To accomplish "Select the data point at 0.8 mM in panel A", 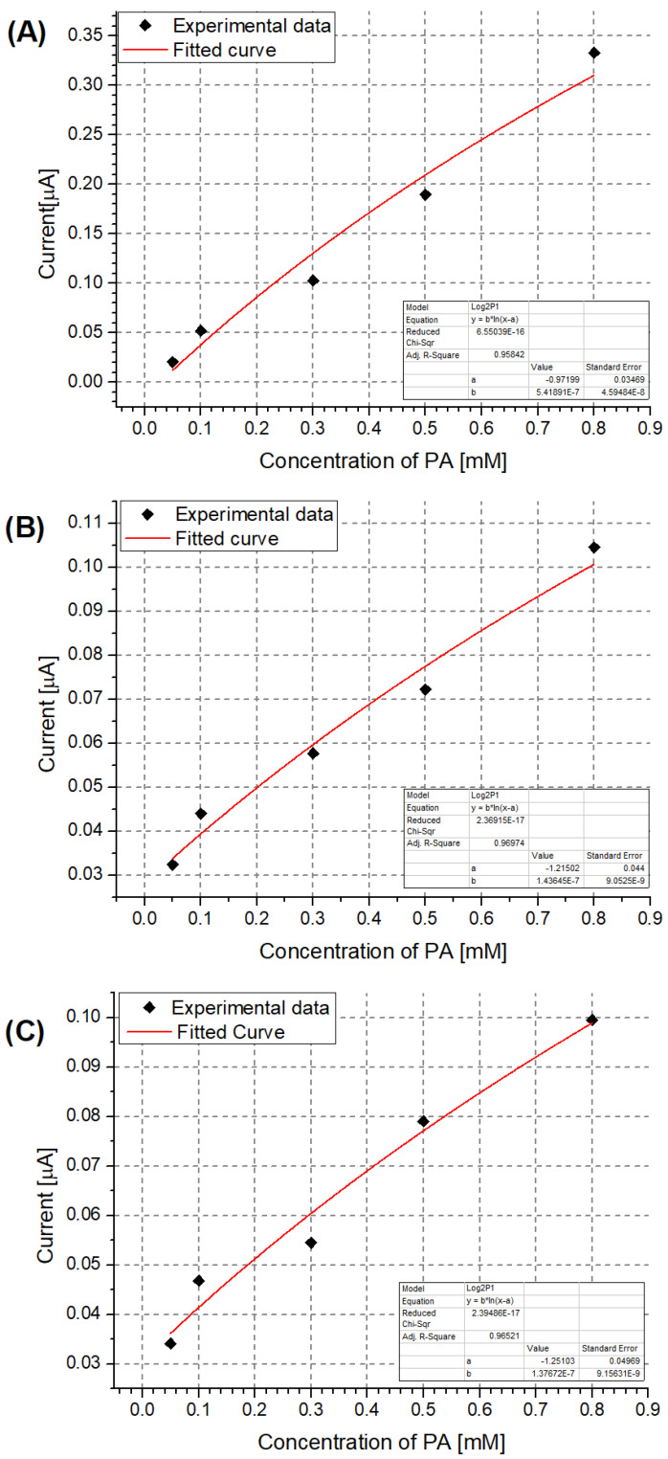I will tap(594, 54).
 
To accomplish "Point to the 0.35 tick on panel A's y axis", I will tap(90, 36).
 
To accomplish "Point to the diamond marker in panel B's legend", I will tap(146, 515).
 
